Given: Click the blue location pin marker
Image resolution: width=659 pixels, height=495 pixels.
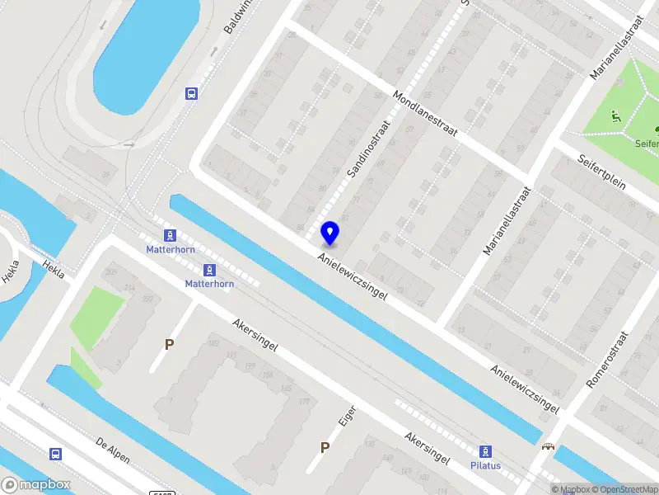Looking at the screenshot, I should pyautogui.click(x=329, y=233).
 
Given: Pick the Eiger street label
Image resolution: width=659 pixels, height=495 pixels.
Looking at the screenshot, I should pyautogui.click(x=348, y=414).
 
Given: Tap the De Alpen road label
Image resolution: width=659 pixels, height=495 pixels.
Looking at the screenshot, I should pyautogui.click(x=113, y=450).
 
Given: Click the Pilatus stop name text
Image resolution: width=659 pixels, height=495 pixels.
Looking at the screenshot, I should pyautogui.click(x=487, y=465).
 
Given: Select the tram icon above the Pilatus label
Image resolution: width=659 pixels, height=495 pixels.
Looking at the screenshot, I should pyautogui.click(x=486, y=450).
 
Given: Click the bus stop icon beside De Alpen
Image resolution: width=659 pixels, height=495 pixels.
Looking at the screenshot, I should pyautogui.click(x=55, y=454).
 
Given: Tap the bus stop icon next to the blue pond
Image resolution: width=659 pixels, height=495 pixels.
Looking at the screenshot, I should pyautogui.click(x=191, y=93).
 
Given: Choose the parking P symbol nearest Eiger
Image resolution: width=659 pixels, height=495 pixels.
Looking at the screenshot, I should pyautogui.click(x=325, y=448).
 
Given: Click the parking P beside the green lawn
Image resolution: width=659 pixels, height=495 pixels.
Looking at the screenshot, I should pyautogui.click(x=170, y=344).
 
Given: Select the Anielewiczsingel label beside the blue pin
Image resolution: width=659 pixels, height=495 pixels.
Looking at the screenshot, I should pyautogui.click(x=353, y=276).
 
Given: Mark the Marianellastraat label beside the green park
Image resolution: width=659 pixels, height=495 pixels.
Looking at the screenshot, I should pyautogui.click(x=616, y=46).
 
